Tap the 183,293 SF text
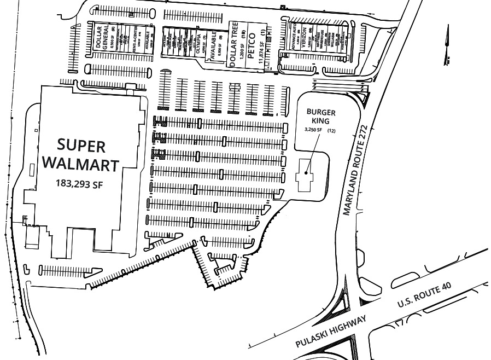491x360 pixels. (79, 184)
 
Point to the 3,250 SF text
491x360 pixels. (313, 130)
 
